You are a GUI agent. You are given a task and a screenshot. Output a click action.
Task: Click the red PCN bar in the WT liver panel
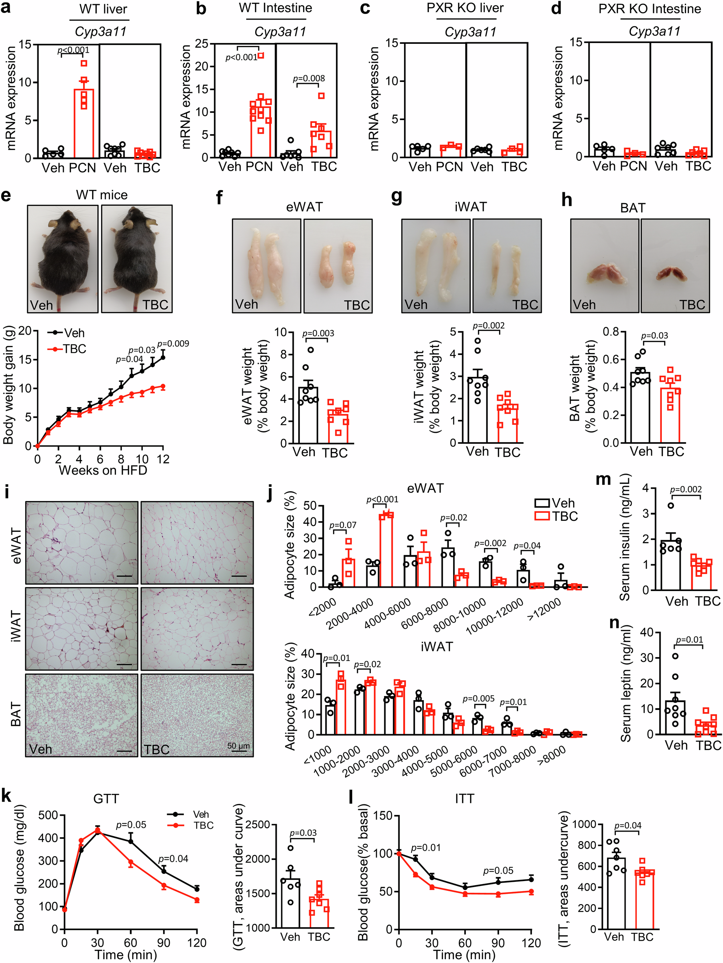click(83, 126)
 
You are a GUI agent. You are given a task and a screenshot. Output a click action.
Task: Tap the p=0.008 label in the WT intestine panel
click(308, 79)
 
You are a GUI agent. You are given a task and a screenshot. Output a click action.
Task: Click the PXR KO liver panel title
click(465, 8)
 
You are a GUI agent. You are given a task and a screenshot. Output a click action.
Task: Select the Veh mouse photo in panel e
click(63, 259)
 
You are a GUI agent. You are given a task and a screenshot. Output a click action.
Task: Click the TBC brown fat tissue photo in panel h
click(675, 265)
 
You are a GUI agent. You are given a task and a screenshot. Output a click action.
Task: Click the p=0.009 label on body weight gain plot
click(173, 344)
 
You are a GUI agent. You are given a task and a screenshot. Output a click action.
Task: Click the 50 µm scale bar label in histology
click(239, 745)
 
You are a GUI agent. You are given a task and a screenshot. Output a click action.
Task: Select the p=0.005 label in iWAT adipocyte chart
click(478, 699)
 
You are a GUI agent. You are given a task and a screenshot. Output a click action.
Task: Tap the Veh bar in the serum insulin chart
click(671, 566)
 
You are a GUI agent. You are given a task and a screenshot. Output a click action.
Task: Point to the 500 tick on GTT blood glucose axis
click(48, 815)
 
